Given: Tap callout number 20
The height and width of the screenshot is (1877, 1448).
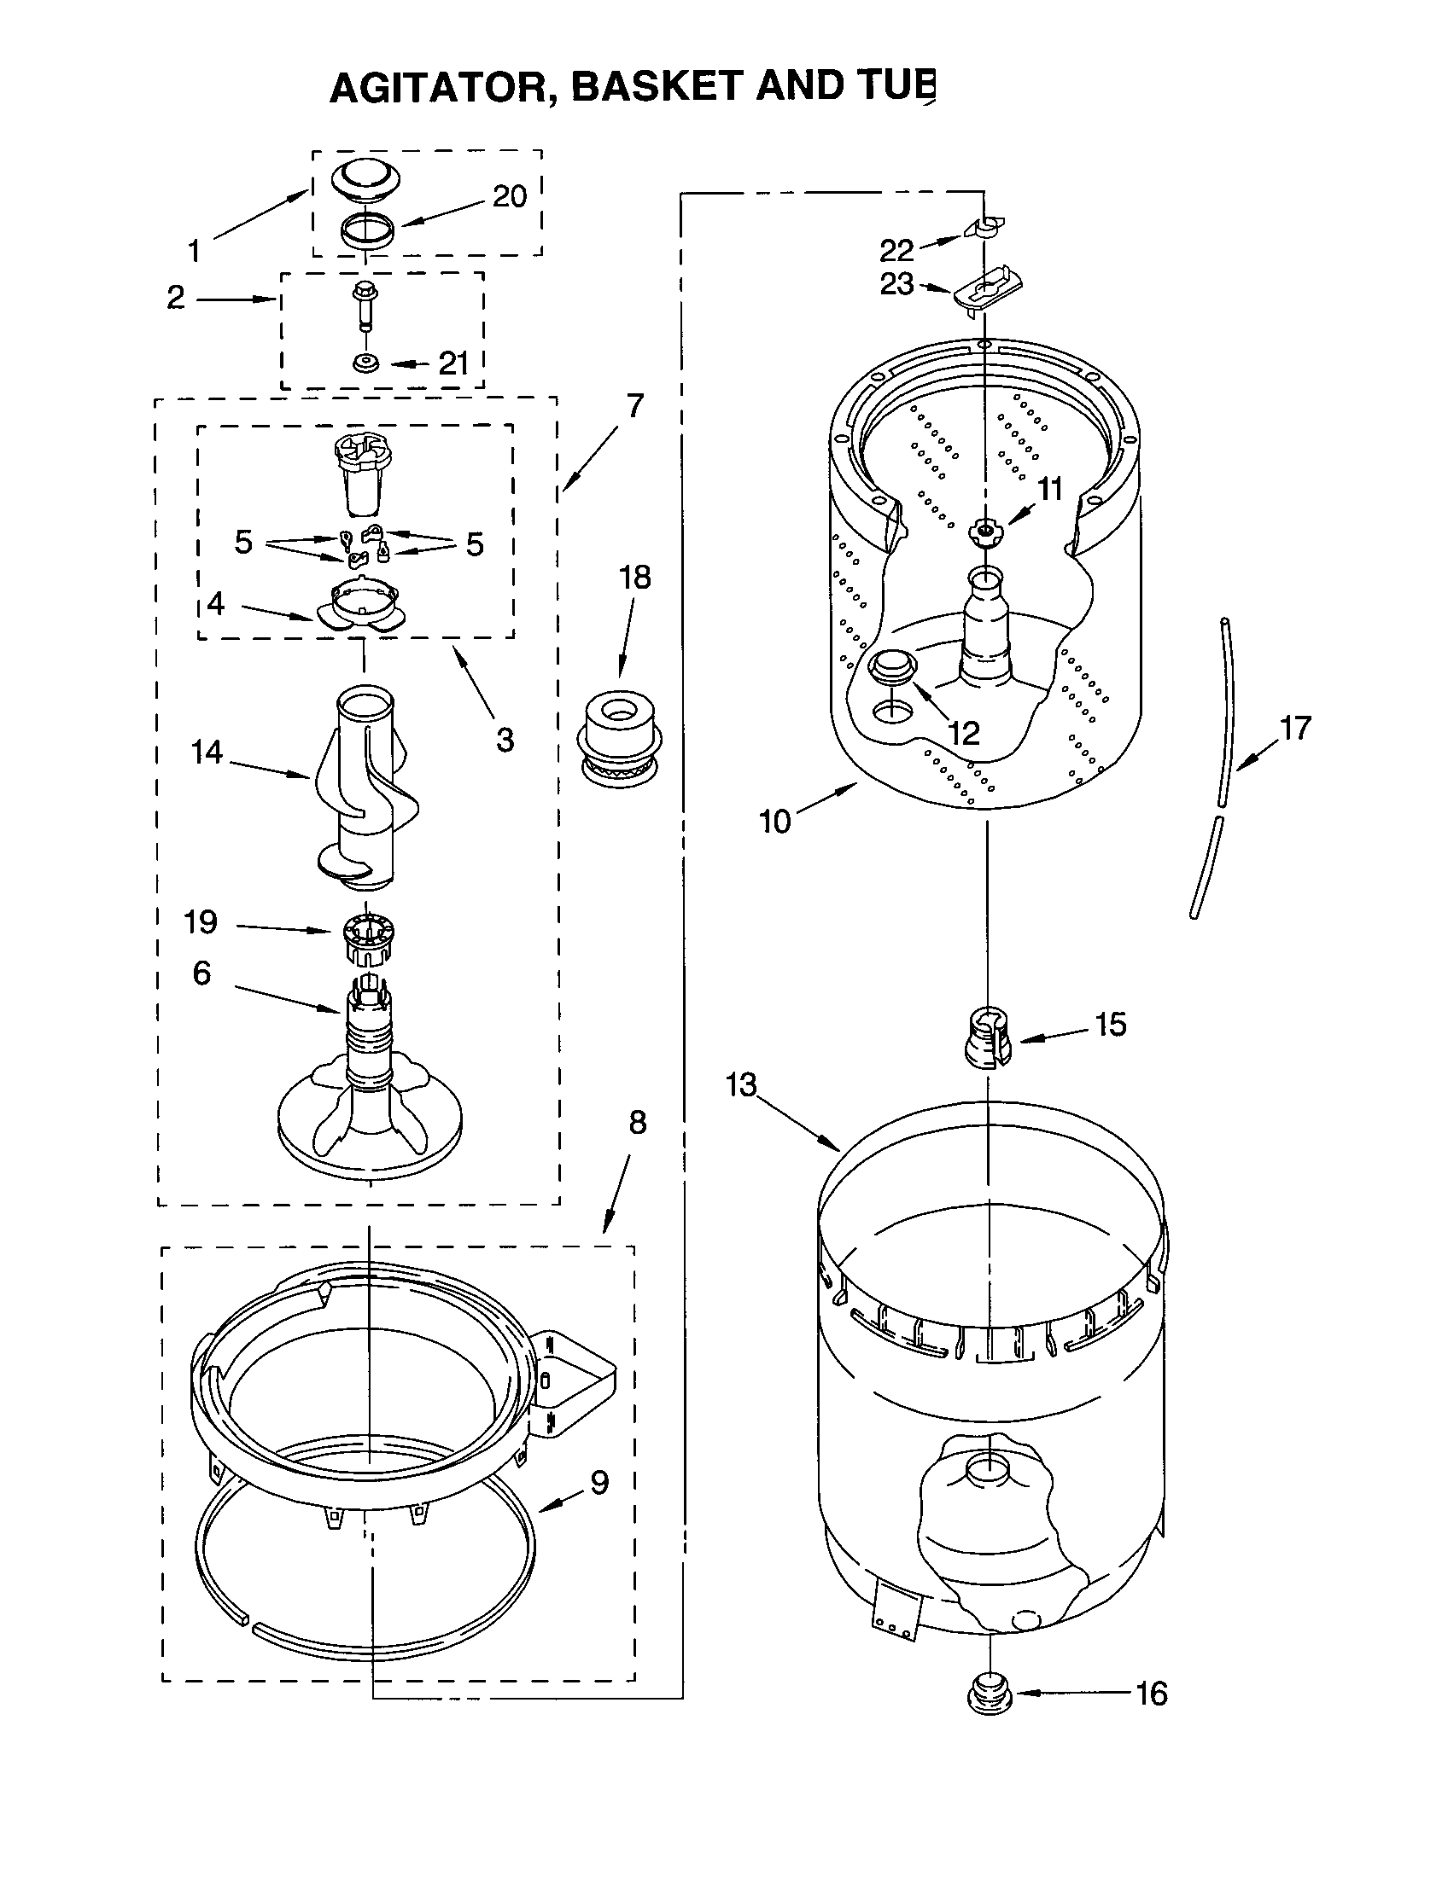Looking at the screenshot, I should [509, 197].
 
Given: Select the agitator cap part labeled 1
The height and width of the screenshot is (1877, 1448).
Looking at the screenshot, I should [366, 180].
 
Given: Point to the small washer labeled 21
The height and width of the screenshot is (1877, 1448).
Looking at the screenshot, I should [367, 363].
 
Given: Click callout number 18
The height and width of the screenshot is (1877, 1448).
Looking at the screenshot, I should [635, 578].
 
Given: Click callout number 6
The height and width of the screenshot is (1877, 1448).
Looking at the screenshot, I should [201, 973].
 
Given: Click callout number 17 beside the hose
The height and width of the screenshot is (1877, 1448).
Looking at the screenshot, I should [1294, 728].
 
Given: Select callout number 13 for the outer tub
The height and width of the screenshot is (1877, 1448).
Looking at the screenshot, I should [740, 1084].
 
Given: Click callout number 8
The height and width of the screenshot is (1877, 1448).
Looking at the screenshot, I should [636, 1122].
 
